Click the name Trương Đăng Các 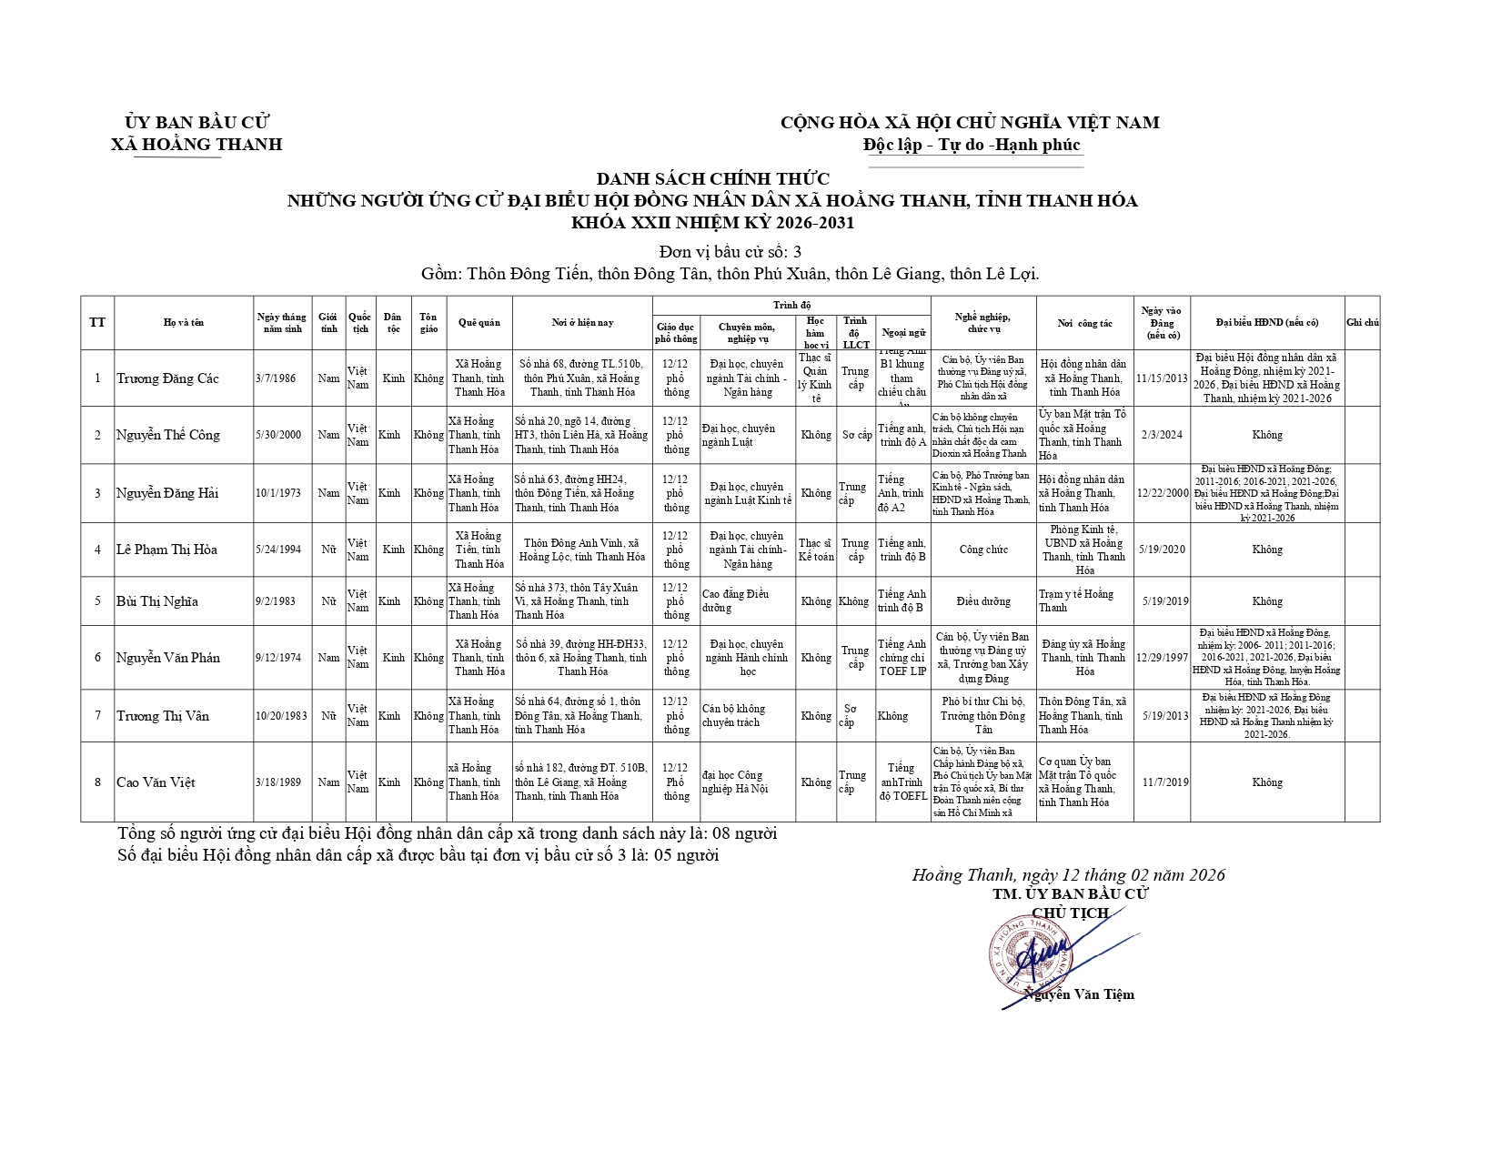click(167, 378)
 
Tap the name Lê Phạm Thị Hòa click(166, 550)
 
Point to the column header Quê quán click(479, 323)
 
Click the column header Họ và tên click(184, 323)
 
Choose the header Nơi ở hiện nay click(582, 323)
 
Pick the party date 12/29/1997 click(1163, 658)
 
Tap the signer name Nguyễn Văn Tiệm click(1080, 994)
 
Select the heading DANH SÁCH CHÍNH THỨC click(712, 179)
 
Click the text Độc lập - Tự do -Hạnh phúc click(972, 145)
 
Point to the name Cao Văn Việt click(156, 782)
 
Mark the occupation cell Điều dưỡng click(982, 601)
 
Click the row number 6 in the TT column click(97, 658)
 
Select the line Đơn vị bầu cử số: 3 click(730, 252)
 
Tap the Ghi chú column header click(1363, 323)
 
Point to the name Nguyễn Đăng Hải click(167, 493)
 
